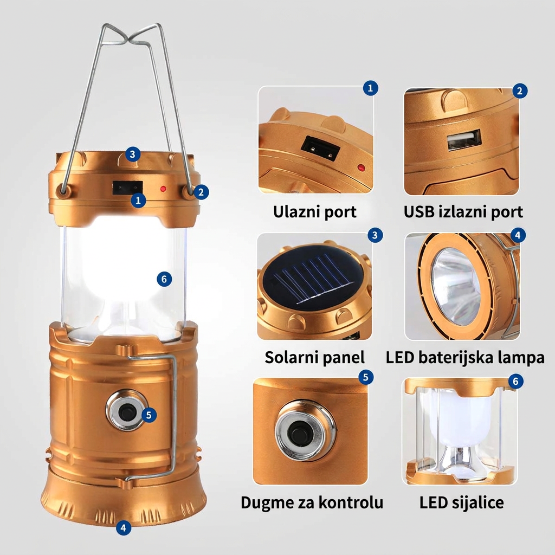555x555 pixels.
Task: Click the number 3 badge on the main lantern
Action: coord(132,154)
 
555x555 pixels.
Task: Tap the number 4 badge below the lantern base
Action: coord(123,528)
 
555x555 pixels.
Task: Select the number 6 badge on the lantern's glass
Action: coord(164,279)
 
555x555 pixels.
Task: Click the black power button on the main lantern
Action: coord(125,412)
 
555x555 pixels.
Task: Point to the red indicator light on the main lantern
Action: coord(163,189)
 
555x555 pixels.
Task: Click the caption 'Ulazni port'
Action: coord(314,212)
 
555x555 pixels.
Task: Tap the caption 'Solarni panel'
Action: coord(314,358)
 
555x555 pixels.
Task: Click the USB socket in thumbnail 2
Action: coord(464,140)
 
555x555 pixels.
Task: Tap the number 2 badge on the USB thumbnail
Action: coord(520,91)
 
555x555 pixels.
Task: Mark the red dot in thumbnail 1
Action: coord(360,167)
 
